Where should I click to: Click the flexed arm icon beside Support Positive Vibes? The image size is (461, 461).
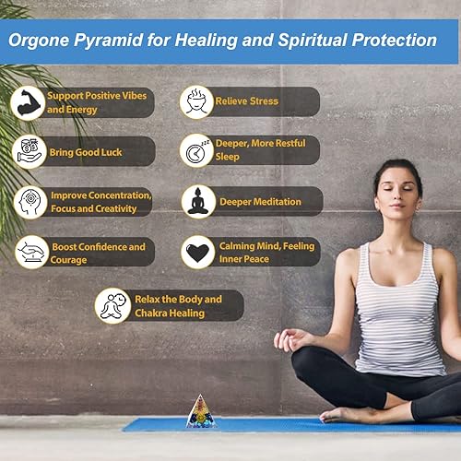[28, 102]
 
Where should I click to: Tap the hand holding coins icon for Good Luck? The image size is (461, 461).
[30, 151]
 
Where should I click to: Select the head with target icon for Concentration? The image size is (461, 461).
[30, 202]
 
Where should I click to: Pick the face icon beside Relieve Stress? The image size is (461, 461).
[196, 101]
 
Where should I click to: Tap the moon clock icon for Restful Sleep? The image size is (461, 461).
[196, 150]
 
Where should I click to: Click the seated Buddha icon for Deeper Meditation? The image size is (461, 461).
[197, 201]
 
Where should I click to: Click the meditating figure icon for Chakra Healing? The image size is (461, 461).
[112, 305]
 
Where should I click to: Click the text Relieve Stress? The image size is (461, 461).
[246, 101]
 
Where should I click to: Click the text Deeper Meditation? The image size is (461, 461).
[259, 201]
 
